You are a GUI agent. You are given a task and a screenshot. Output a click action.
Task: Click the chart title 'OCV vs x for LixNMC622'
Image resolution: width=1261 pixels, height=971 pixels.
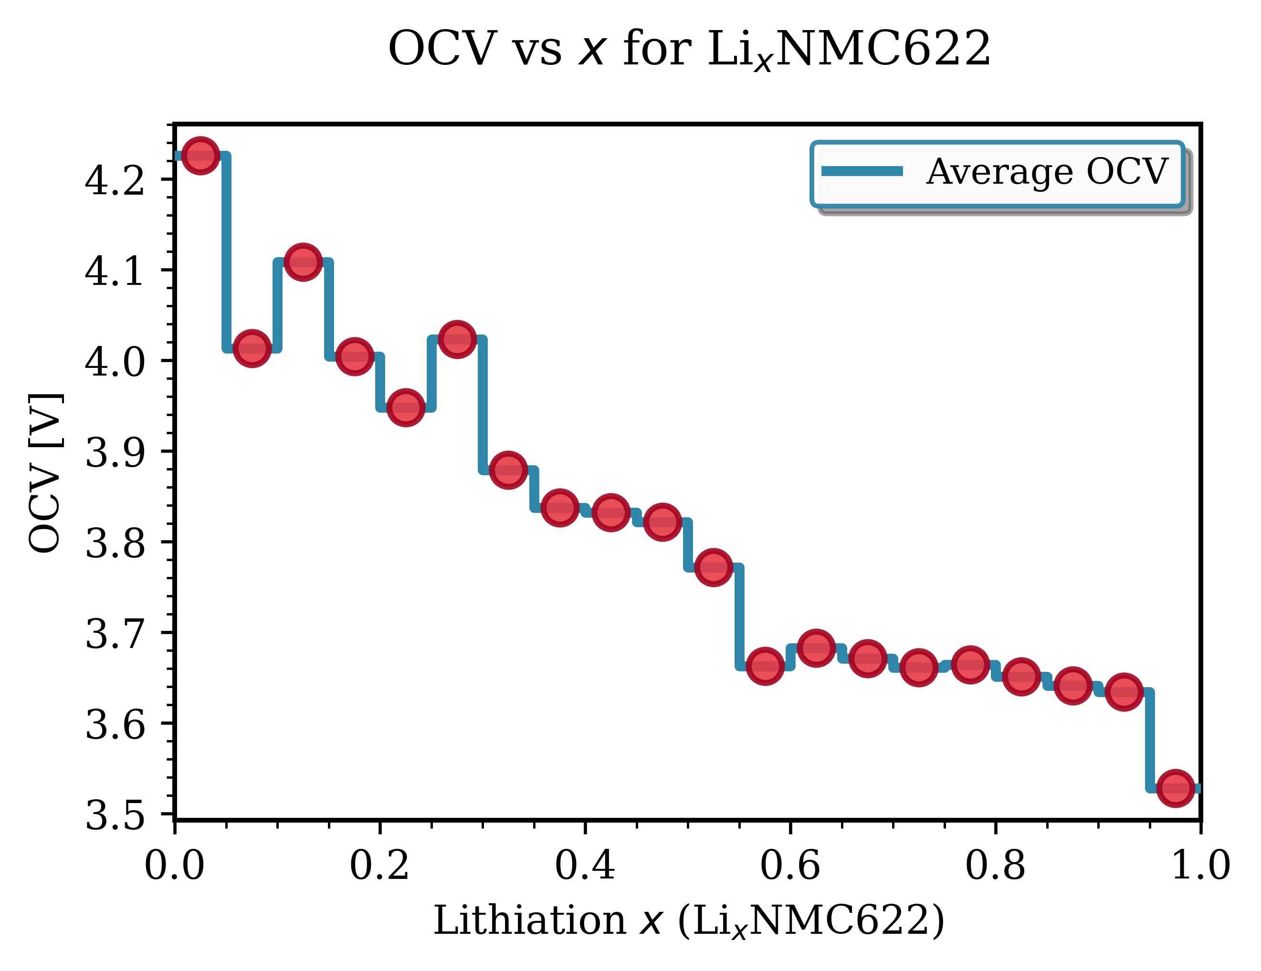[689, 49]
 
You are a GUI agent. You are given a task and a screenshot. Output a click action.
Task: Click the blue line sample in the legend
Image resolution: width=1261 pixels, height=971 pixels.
[862, 171]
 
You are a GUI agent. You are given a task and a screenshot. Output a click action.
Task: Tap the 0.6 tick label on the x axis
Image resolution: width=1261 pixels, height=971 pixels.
[790, 866]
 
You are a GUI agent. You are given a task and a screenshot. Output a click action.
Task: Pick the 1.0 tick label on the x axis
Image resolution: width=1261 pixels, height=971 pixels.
[1200, 866]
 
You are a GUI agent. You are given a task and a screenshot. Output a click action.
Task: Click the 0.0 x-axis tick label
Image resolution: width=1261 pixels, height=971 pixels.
[174, 866]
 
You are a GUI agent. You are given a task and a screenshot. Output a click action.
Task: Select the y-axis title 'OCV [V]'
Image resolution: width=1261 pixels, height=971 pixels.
[45, 473]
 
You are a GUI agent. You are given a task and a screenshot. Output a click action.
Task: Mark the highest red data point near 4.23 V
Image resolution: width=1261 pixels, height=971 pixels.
[200, 155]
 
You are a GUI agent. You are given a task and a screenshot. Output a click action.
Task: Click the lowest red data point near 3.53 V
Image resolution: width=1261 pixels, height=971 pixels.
[1175, 787]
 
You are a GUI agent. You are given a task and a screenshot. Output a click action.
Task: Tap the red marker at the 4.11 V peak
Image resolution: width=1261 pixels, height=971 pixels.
[303, 262]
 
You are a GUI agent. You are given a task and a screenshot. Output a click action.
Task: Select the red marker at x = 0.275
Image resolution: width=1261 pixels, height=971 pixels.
[457, 339]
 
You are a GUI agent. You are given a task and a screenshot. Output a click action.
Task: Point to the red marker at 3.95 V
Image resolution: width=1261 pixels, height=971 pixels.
[405, 407]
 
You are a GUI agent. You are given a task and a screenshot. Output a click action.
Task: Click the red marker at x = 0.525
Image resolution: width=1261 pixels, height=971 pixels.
[714, 567]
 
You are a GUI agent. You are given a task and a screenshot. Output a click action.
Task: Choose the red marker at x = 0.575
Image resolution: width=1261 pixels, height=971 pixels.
[765, 666]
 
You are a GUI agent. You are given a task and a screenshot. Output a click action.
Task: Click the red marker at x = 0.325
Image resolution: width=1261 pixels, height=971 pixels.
[508, 470]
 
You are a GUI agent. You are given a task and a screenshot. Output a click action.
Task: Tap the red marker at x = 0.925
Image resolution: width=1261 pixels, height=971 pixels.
[1124, 691]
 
